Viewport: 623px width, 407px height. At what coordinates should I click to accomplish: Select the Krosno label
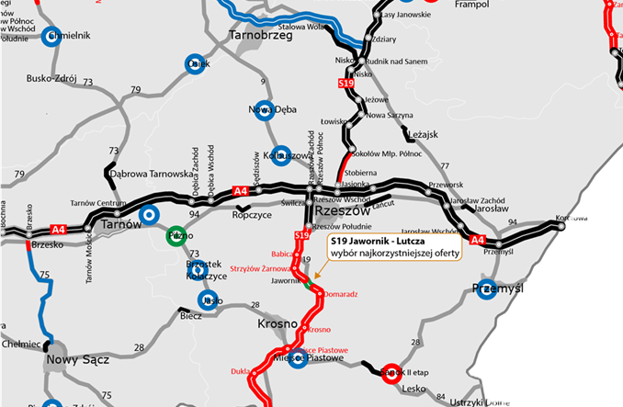278,324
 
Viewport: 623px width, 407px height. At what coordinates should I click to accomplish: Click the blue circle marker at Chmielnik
51,37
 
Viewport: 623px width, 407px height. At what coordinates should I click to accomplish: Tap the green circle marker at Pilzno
176,235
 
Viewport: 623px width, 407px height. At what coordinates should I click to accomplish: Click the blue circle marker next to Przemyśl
487,289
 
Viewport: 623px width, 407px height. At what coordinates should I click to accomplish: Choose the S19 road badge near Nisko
346,84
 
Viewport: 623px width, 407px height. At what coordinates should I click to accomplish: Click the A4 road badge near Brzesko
59,229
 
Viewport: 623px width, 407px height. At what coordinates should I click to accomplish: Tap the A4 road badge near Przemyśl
477,240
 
